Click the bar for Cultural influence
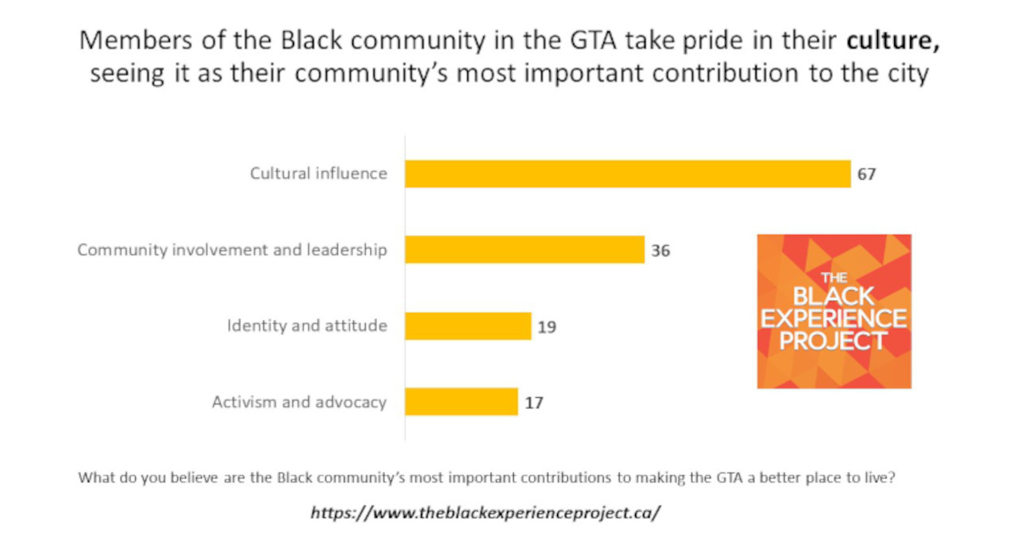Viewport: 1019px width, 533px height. [627, 174]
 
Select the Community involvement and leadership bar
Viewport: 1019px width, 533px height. [524, 250]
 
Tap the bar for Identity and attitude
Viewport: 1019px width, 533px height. [467, 326]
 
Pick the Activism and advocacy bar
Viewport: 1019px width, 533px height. [461, 401]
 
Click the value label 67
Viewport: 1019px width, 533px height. [865, 175]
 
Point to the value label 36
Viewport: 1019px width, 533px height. [662, 250]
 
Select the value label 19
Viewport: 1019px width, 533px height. [547, 327]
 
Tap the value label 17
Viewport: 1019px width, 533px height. [533, 402]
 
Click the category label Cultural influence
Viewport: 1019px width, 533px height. [318, 174]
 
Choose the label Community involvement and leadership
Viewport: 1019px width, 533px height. [233, 250]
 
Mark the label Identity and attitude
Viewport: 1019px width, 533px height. [307, 326]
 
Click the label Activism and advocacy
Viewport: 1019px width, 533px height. [299, 402]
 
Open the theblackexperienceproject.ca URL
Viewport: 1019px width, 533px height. [485, 513]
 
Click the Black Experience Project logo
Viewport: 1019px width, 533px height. [833, 311]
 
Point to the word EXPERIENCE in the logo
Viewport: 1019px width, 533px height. [833, 320]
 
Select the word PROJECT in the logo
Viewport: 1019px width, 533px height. [833, 341]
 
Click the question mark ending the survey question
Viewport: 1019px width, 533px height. [892, 477]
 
